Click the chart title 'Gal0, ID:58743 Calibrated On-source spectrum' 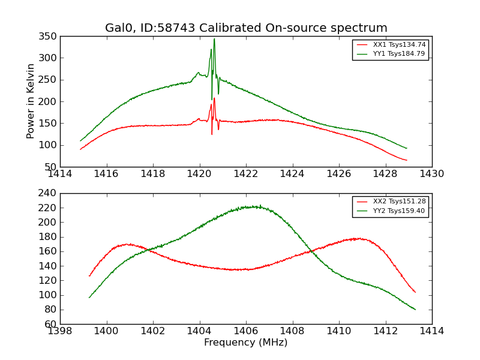click(x=246, y=28)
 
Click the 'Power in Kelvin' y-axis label click(x=31, y=101)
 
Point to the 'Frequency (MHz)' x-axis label click(x=246, y=343)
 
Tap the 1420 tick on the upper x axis click(x=199, y=174)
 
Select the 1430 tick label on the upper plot click(x=432, y=174)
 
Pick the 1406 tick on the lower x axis click(x=245, y=331)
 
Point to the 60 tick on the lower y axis click(x=52, y=324)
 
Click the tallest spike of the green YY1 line click(x=214, y=39)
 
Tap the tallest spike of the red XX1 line click(x=214, y=98)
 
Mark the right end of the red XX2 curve click(x=415, y=292)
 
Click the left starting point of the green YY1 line click(x=80, y=141)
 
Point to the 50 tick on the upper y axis click(x=52, y=167)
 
